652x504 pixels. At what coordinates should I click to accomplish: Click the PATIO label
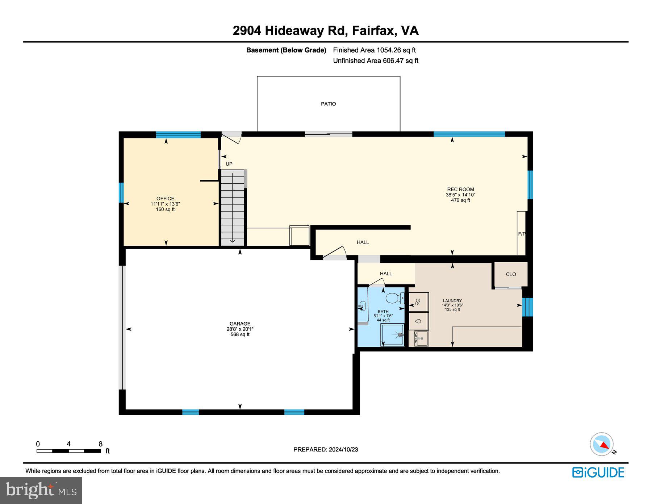328,104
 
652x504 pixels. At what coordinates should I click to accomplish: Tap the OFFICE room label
165,199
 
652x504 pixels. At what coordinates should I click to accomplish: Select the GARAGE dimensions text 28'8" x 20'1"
240,329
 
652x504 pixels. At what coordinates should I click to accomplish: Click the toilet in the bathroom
394,298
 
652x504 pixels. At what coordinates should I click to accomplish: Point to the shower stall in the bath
392,335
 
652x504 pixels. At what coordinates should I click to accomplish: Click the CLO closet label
511,274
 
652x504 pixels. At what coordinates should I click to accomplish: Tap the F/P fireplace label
522,234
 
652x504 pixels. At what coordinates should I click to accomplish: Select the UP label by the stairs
229,164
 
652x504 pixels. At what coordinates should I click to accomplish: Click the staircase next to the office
233,208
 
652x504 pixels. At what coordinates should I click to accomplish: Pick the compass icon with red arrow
602,444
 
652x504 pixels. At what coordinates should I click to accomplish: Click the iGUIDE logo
598,472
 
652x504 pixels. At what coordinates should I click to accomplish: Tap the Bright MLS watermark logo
41,490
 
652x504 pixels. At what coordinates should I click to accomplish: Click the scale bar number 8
100,444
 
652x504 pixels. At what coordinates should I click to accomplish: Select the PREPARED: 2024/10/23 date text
326,450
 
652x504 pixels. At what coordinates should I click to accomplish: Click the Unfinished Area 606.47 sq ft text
376,61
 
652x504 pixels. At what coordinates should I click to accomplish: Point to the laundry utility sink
421,338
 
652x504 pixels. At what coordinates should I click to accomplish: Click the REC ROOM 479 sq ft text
460,200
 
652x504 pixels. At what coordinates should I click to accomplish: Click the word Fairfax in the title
373,30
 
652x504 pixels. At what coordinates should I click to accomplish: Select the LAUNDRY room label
452,301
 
